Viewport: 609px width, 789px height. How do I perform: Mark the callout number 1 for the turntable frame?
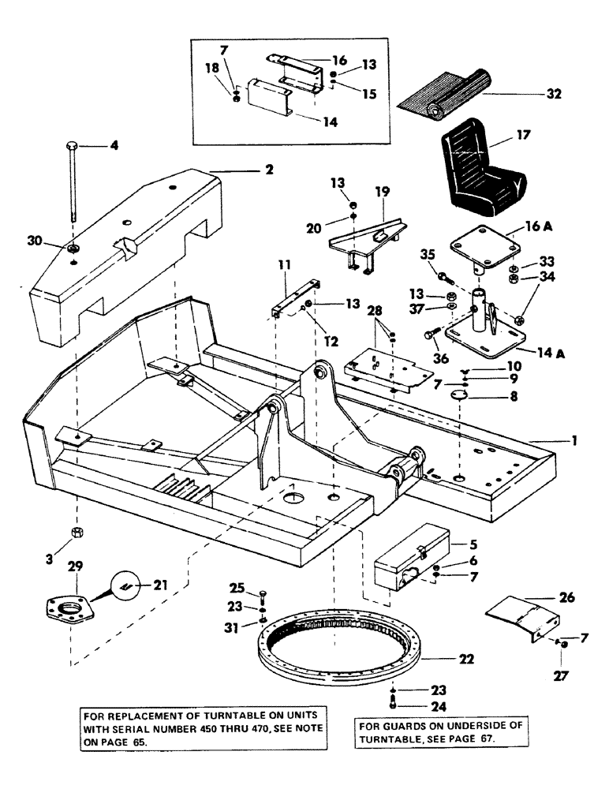pyautogui.click(x=575, y=442)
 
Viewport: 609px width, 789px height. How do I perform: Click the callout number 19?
pyautogui.click(x=383, y=192)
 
